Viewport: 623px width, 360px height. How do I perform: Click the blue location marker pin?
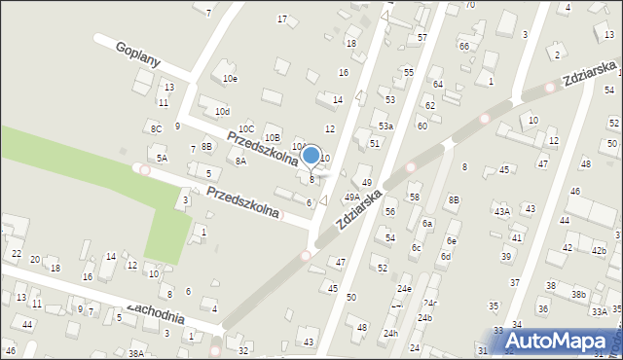[311, 156]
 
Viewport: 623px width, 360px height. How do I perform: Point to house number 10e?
[230, 78]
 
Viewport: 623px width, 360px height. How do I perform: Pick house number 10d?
[222, 113]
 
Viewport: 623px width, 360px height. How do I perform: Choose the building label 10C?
[246, 128]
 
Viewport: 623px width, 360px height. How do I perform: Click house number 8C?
[156, 128]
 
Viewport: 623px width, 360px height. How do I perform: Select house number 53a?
[385, 126]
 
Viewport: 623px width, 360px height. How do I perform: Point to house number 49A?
[351, 198]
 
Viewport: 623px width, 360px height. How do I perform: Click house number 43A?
[501, 211]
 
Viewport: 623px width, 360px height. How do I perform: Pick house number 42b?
[598, 250]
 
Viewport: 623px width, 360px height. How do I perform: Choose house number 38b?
[578, 294]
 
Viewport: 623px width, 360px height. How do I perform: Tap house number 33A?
[600, 311]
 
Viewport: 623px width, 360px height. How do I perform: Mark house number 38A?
[136, 353]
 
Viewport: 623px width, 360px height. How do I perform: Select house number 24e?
[403, 290]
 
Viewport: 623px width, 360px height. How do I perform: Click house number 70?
[469, 5]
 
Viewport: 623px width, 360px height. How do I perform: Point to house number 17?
[282, 19]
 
